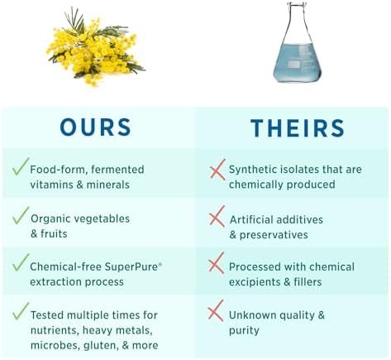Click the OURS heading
pyautogui.click(x=95, y=127)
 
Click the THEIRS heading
pyautogui.click(x=298, y=128)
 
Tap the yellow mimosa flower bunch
pyautogui.click(x=95, y=47)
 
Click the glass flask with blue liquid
pyautogui.click(x=297, y=42)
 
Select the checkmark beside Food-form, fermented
pyautogui.click(x=21, y=166)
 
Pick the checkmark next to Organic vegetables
pyautogui.click(x=21, y=215)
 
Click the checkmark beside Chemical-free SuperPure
pyautogui.click(x=21, y=262)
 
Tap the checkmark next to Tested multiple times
pyautogui.click(x=21, y=311)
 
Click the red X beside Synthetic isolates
pyautogui.click(x=217, y=170)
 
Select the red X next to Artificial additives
pyautogui.click(x=217, y=217)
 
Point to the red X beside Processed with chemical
pyautogui.click(x=217, y=263)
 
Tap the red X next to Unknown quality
pyautogui.click(x=216, y=311)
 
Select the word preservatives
pyautogui.click(x=274, y=235)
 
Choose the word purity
pyautogui.click(x=244, y=330)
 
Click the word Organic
pyautogui.click(x=50, y=219)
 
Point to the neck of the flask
pyautogui.click(x=297, y=17)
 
